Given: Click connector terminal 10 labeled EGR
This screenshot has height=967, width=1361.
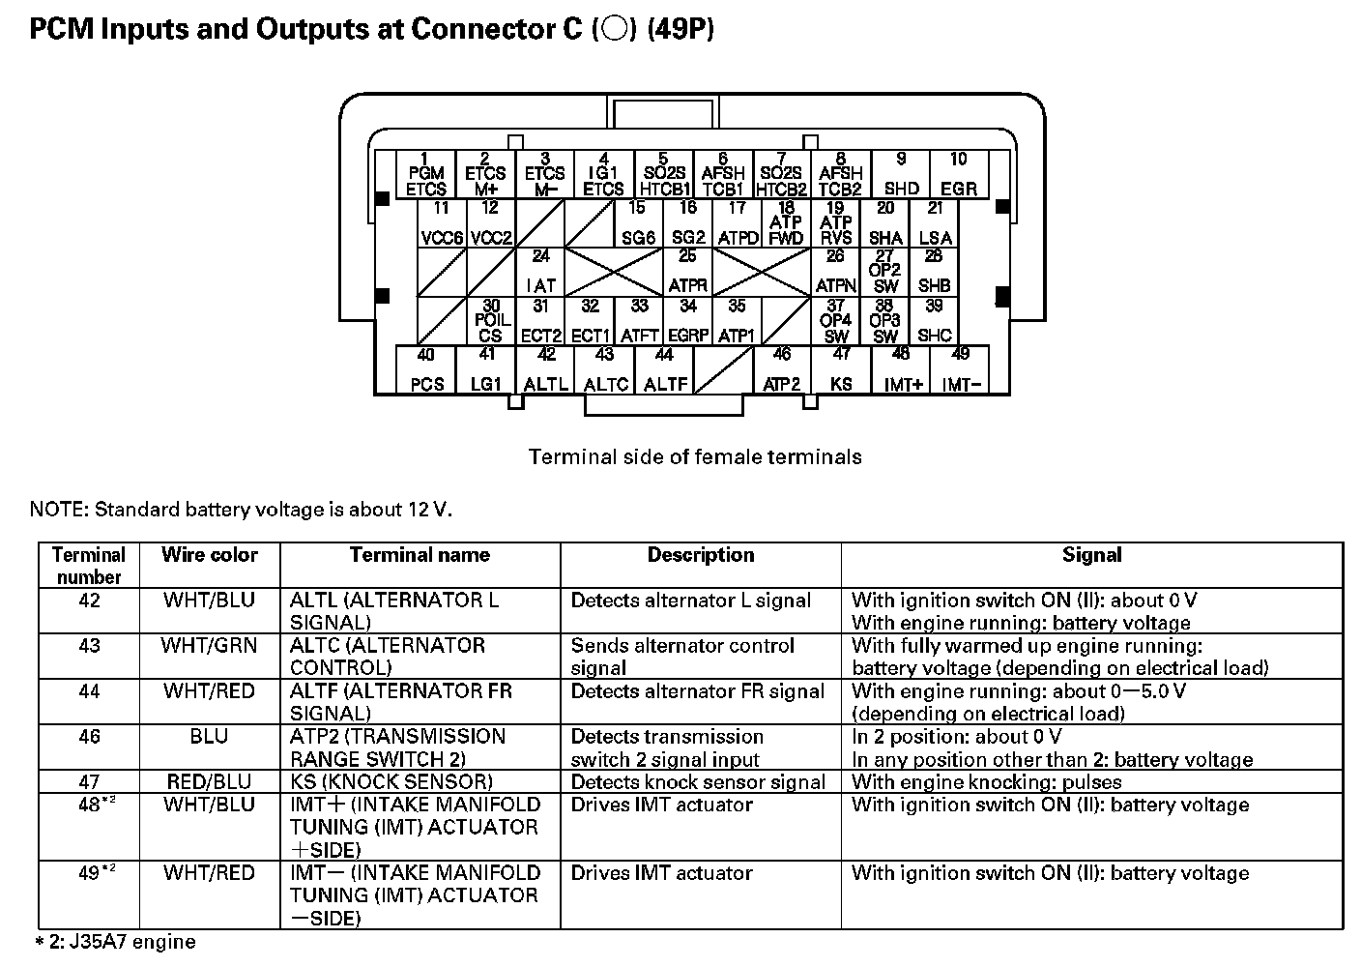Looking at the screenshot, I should tap(958, 175).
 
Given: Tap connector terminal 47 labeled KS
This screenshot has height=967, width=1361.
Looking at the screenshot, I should tap(841, 370).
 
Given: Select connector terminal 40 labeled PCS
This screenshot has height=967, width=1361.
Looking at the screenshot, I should tap(426, 370).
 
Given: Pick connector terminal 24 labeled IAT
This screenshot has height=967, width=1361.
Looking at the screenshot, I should tap(541, 273).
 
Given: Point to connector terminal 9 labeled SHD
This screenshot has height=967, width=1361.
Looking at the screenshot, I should tap(901, 175).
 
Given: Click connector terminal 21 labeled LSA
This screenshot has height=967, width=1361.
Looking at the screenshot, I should tap(935, 223).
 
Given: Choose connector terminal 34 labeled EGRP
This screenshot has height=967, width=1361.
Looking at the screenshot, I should tap(688, 322).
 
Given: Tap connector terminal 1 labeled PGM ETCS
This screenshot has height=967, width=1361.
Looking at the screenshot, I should tap(425, 175).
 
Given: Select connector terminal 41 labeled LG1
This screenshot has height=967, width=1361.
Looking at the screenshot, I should tap(486, 370).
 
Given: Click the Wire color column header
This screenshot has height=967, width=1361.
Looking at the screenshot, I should tap(210, 555).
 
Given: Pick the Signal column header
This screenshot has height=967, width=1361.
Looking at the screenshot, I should tap(1091, 555).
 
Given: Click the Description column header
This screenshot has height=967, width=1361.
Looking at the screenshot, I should tap(701, 555).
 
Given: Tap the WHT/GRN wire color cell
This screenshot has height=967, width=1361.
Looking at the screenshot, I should tap(210, 645).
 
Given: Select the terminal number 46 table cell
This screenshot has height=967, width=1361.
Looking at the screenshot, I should tap(89, 737).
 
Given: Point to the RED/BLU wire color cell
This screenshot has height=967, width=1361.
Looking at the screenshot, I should tap(210, 781).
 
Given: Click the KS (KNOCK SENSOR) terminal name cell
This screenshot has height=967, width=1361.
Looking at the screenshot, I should tap(391, 781).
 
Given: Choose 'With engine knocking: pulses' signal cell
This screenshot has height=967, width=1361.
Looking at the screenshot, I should tap(987, 781).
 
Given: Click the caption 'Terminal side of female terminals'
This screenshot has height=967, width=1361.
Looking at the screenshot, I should tap(695, 456).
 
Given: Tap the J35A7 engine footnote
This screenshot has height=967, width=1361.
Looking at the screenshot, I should tap(116, 942).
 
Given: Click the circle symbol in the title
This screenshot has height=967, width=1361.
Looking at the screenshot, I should tap(612, 29).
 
